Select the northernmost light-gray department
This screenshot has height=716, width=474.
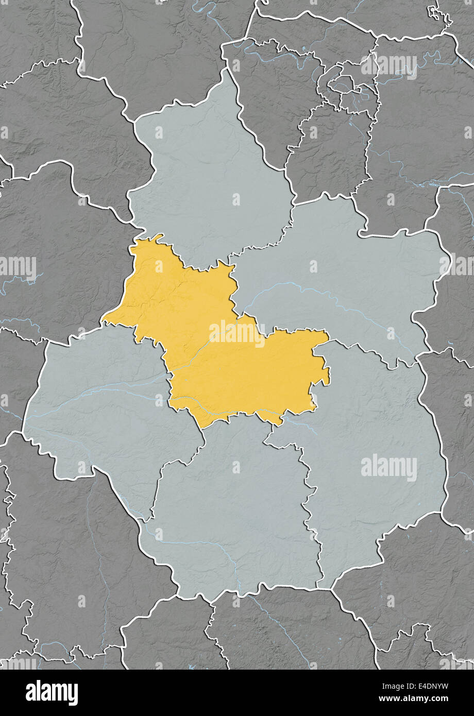pos(211,175)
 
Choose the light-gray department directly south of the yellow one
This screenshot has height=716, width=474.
pos(232,515)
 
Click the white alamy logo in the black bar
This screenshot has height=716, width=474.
pos(52,693)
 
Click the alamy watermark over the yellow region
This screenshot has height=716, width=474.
pos(236,334)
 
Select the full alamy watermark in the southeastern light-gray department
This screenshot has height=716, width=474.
pos(389,468)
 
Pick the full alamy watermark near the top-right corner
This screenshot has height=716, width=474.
pos(389,65)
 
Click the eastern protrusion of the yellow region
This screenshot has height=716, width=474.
pos(325,355)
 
